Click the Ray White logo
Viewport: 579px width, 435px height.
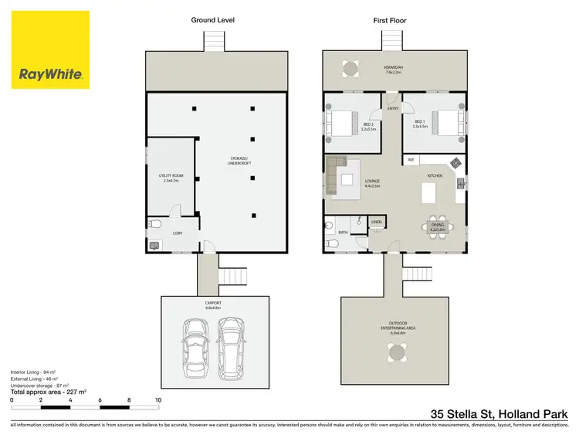(x=50, y=49)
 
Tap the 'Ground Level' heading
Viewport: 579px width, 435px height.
(x=213, y=20)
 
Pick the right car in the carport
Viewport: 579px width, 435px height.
(x=230, y=341)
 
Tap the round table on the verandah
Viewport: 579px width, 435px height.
(x=350, y=69)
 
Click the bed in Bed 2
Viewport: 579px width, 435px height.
(x=341, y=122)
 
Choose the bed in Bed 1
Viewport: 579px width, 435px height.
(x=447, y=122)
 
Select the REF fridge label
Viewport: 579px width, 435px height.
(x=411, y=160)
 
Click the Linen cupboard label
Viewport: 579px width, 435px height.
(x=377, y=222)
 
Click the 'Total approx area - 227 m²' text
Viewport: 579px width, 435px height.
(x=49, y=392)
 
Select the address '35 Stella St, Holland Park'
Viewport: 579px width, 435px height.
(x=499, y=413)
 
